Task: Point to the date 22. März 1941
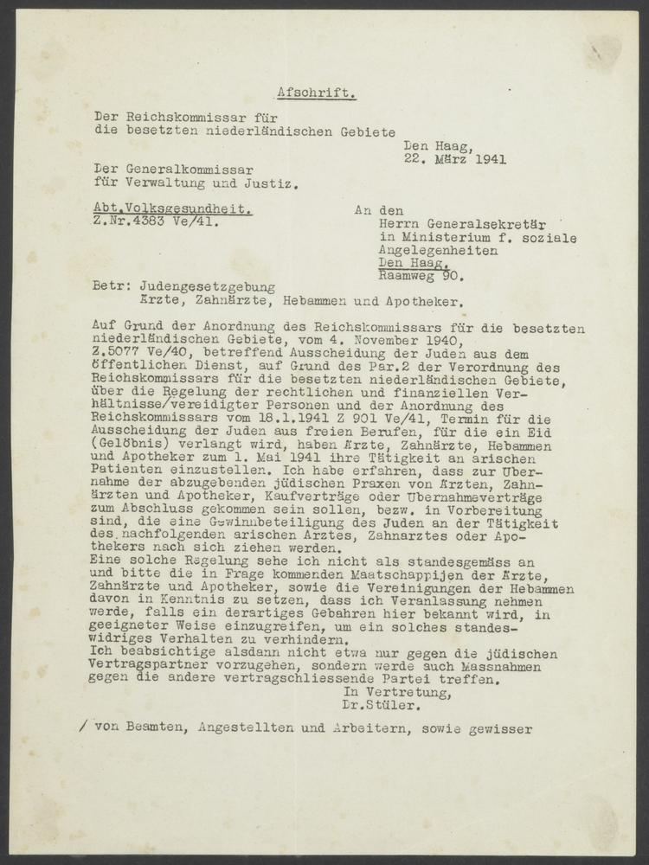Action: click(x=455, y=158)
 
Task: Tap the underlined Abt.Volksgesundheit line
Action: click(x=173, y=210)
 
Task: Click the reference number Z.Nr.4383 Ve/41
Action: click(x=156, y=223)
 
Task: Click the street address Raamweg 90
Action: click(x=421, y=277)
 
